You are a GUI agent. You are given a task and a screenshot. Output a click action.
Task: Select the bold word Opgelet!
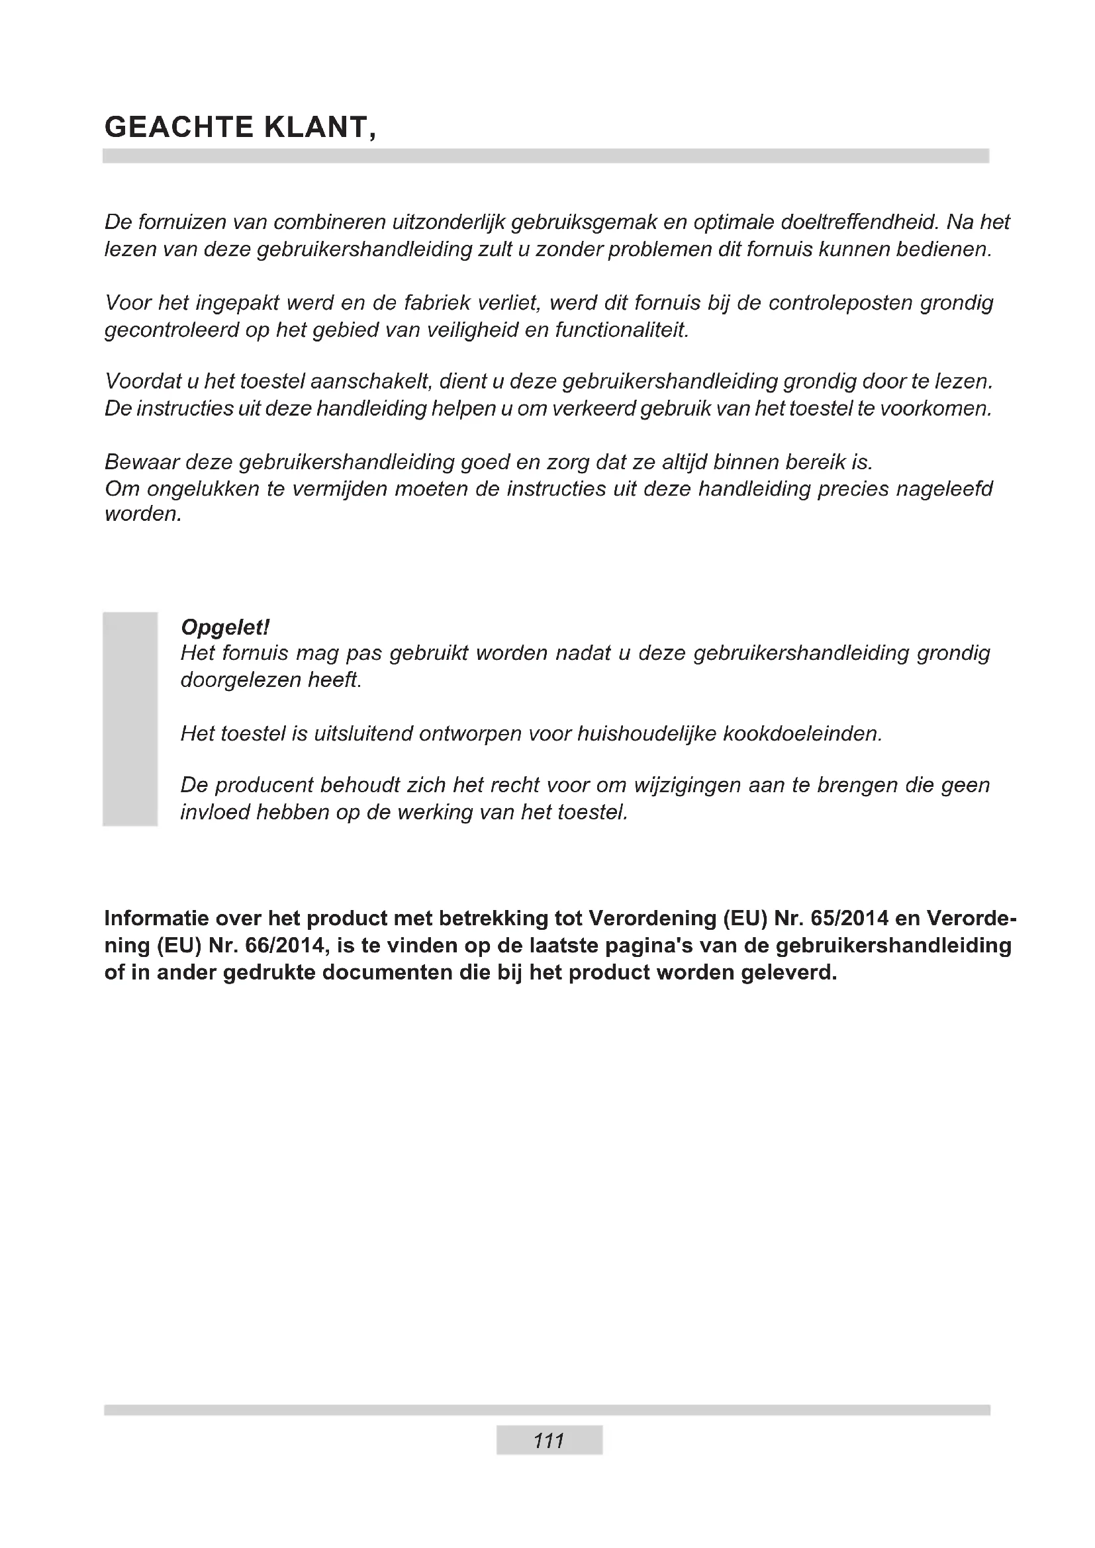click(225, 627)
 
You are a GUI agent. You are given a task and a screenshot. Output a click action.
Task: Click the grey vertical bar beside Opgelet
click(130, 719)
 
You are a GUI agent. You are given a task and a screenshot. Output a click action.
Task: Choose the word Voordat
click(142, 382)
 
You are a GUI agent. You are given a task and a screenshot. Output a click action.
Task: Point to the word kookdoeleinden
click(802, 733)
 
